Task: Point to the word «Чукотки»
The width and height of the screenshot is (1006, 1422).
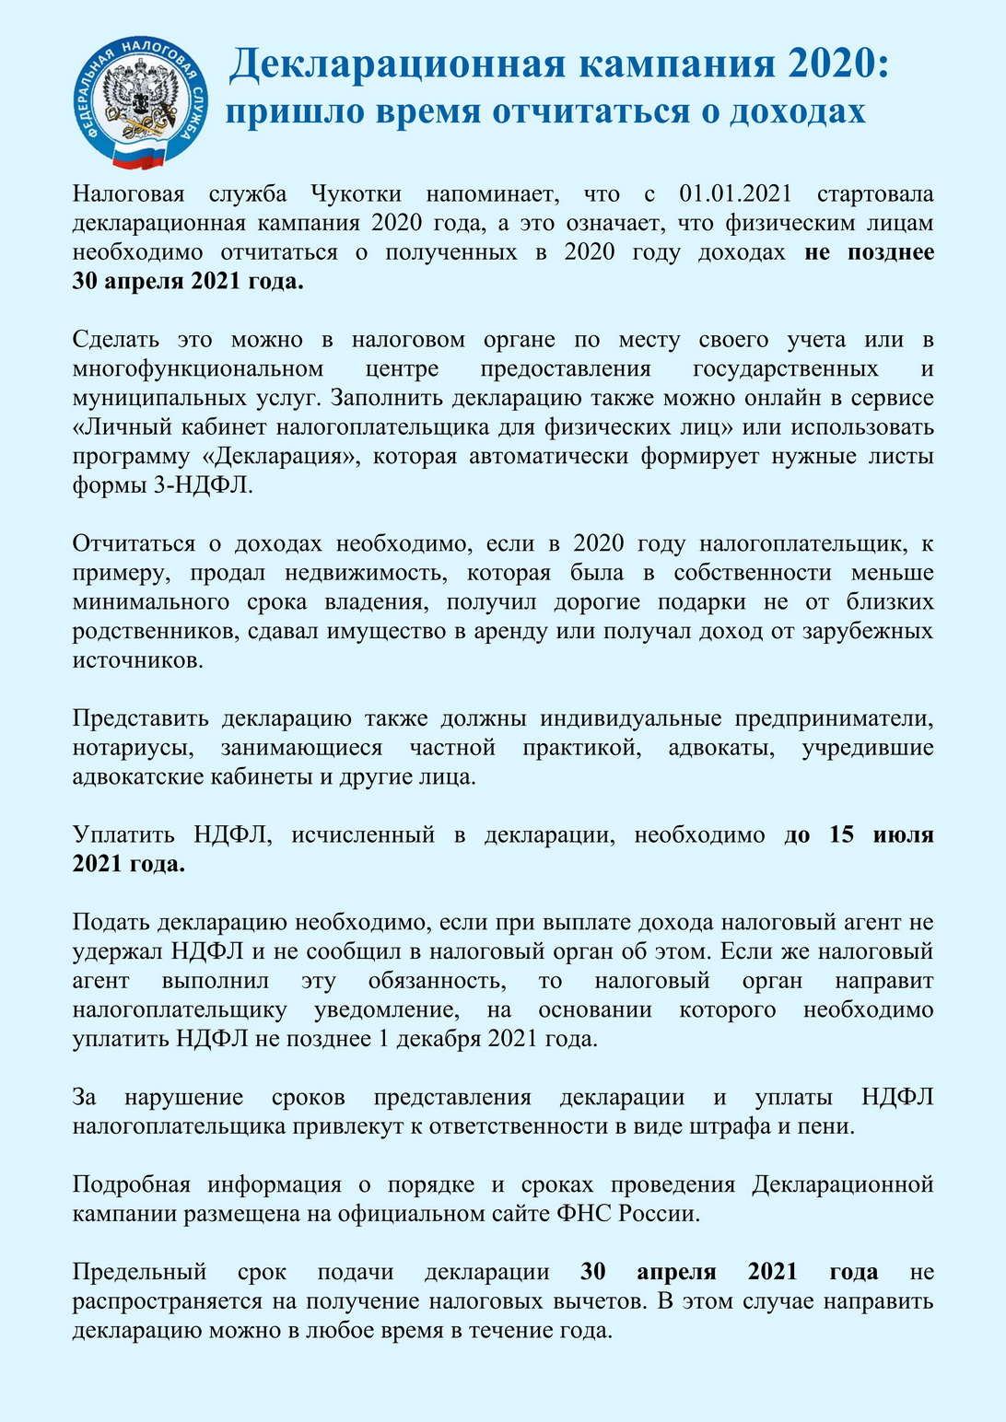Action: [356, 194]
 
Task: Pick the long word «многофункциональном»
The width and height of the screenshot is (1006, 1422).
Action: [198, 369]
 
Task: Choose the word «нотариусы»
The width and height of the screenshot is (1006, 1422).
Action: [133, 748]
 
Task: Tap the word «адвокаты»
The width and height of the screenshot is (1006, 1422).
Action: [721, 748]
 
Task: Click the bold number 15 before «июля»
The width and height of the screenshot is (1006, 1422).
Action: [841, 835]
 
